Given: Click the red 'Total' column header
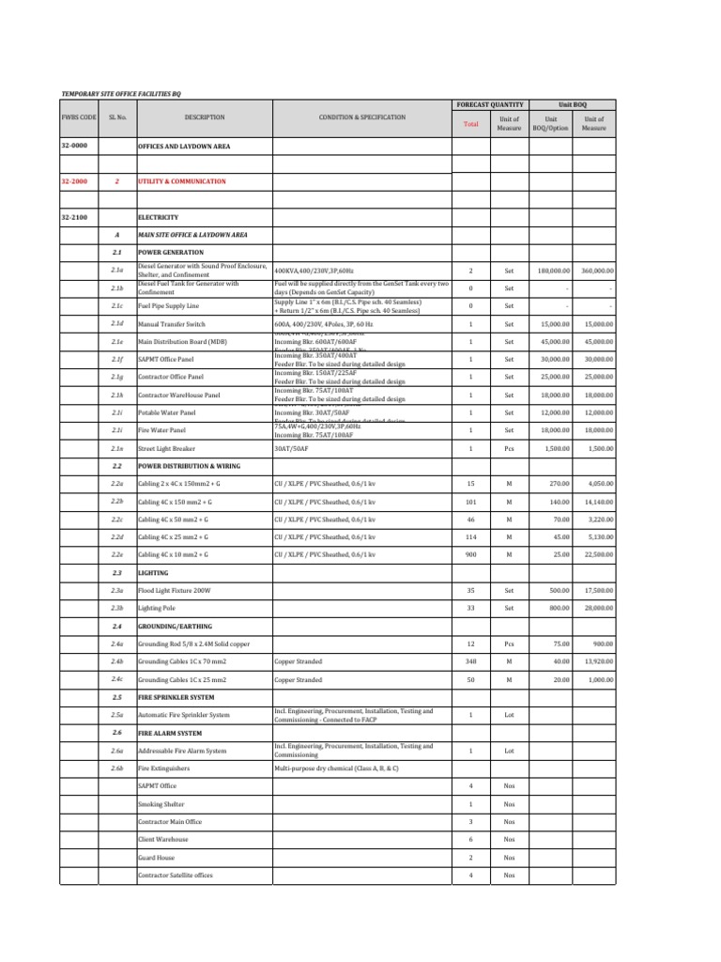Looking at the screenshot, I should tap(471, 123).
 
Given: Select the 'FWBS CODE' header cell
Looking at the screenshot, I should tap(79, 117).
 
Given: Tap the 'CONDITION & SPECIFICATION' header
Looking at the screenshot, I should tap(361, 117).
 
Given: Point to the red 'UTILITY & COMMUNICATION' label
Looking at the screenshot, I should tap(181, 181).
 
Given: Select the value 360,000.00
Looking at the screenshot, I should tap(597, 270).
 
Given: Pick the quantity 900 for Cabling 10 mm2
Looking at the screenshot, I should tap(470, 554).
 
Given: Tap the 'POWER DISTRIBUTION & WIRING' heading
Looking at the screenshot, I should tap(188, 465).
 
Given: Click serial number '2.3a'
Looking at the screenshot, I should tap(117, 590).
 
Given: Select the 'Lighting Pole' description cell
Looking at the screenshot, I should tap(157, 608).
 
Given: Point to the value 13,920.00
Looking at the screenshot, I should tap(597, 661).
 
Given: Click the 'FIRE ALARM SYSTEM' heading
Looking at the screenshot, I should tap(170, 732).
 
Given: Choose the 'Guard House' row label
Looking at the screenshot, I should tap(154, 858).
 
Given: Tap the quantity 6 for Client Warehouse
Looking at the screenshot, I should tap(470, 839).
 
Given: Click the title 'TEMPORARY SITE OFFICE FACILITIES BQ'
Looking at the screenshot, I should tap(121, 93).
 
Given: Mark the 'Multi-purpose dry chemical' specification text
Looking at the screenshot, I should tap(336, 768).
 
